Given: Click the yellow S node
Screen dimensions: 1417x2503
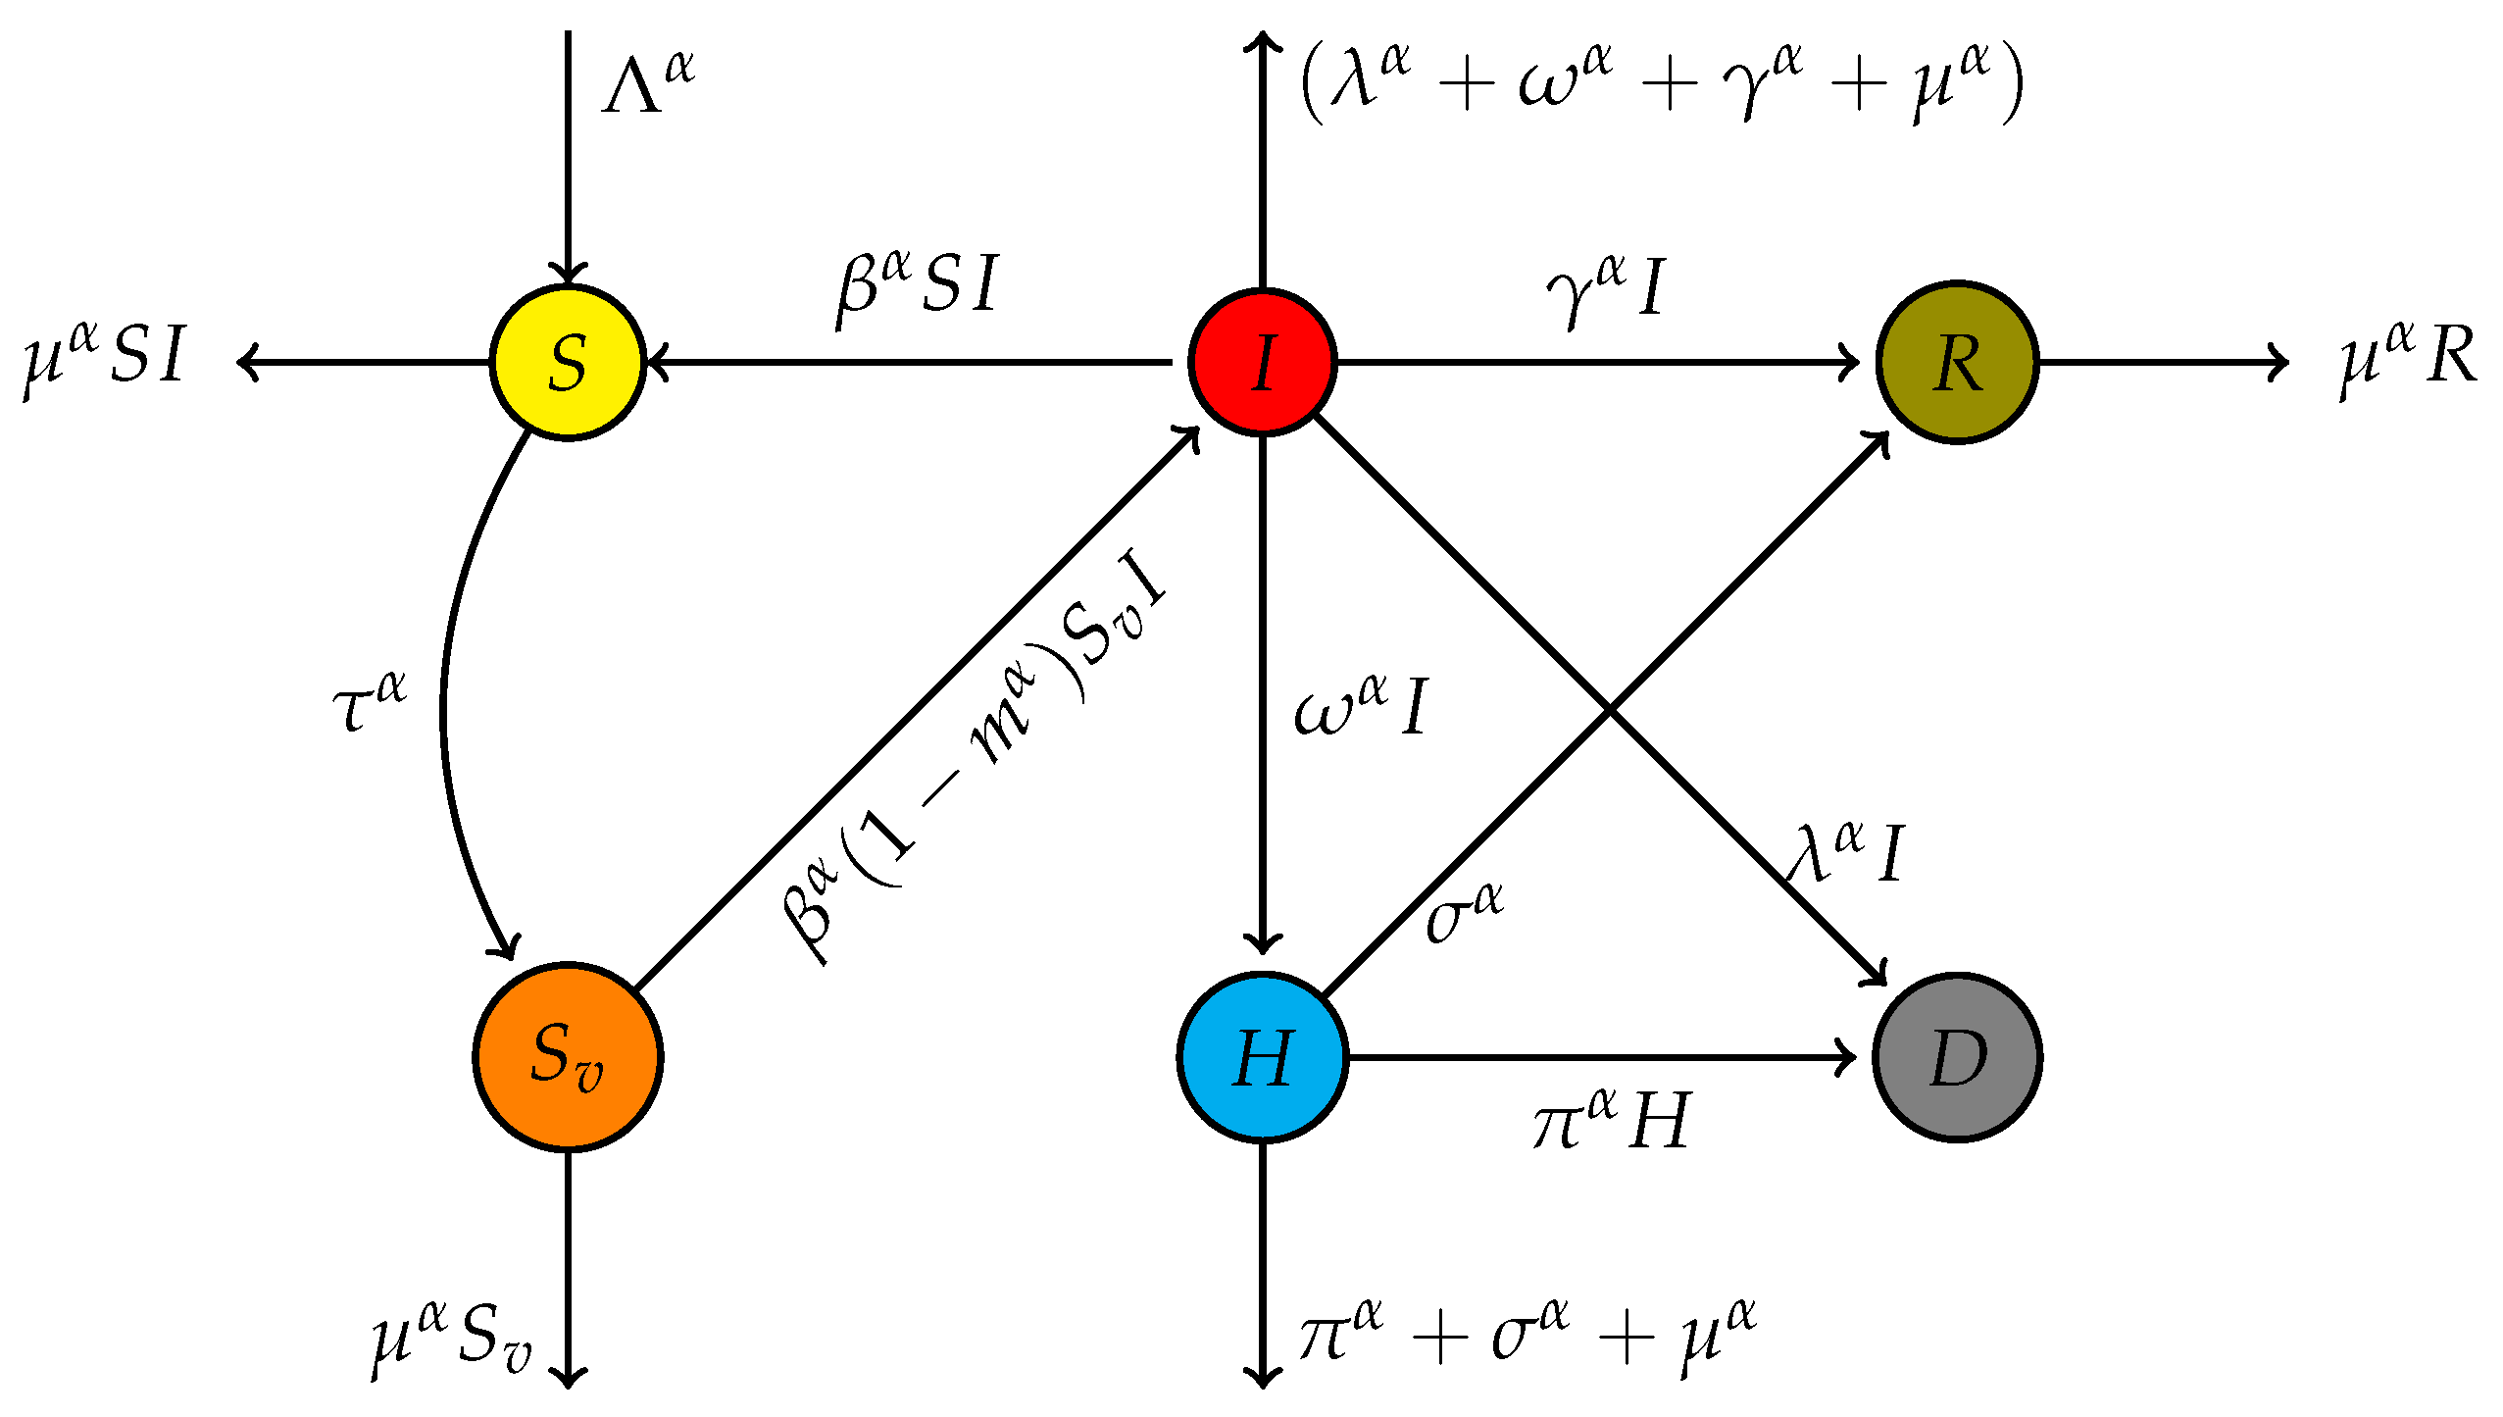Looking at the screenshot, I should [568, 363].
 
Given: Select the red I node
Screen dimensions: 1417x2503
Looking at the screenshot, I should [1263, 363].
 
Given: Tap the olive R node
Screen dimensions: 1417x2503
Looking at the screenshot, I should [1957, 363].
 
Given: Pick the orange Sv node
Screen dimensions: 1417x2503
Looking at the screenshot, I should [568, 1057].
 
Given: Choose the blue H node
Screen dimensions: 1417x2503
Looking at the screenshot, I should [1263, 1057].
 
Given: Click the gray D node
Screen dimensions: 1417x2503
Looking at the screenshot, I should [1957, 1057].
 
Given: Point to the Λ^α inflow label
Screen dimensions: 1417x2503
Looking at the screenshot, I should [648, 83].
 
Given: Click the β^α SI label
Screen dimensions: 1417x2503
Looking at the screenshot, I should [918, 286].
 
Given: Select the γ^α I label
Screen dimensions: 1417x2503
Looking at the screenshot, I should [1606, 290].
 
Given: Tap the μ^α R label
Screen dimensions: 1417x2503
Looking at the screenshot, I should [2407, 358].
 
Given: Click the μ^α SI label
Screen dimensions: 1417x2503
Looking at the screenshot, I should [104, 358].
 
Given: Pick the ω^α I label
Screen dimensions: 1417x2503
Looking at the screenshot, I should [1361, 706].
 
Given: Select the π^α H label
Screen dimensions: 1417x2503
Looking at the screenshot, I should [1612, 1120].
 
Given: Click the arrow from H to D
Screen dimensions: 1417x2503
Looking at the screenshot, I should [1598, 1057].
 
